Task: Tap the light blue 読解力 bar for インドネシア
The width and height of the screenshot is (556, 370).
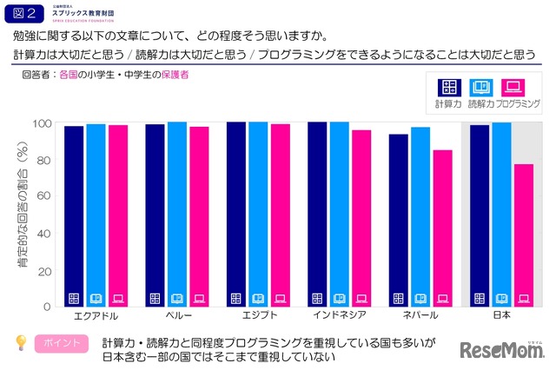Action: (339, 214)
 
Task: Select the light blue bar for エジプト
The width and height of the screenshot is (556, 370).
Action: (258, 214)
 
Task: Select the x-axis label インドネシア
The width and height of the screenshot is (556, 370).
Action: (339, 316)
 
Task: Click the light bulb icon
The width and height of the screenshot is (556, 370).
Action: (19, 342)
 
